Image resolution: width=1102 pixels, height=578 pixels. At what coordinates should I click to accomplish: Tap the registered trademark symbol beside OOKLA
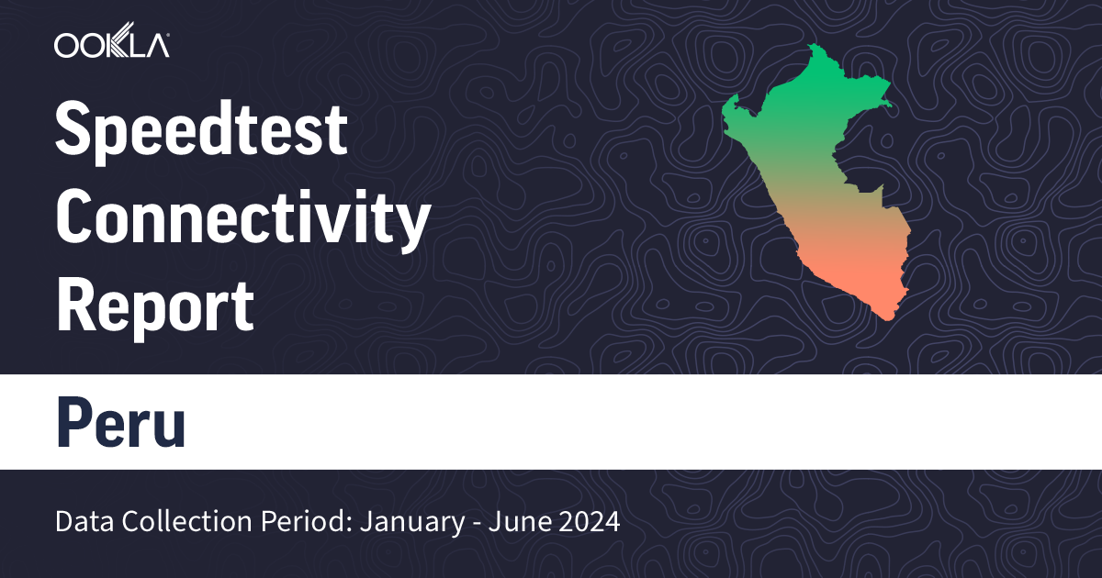click(x=166, y=36)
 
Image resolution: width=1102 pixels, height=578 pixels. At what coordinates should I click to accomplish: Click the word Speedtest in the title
click(x=202, y=130)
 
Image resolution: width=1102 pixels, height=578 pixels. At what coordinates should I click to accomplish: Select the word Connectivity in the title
click(x=242, y=218)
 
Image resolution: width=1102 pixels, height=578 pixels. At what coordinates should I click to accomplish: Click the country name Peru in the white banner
click(x=120, y=421)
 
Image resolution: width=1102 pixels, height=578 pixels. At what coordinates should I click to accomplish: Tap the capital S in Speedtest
click(x=75, y=130)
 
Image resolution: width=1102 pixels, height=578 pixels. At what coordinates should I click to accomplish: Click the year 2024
click(x=588, y=523)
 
